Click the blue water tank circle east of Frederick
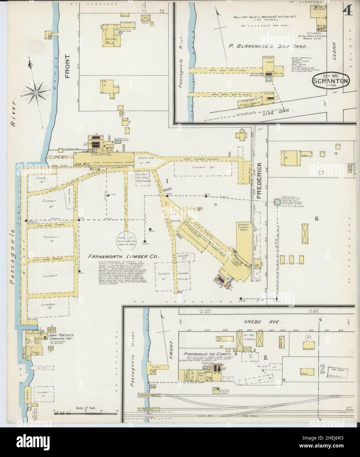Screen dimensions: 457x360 (277, 203)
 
